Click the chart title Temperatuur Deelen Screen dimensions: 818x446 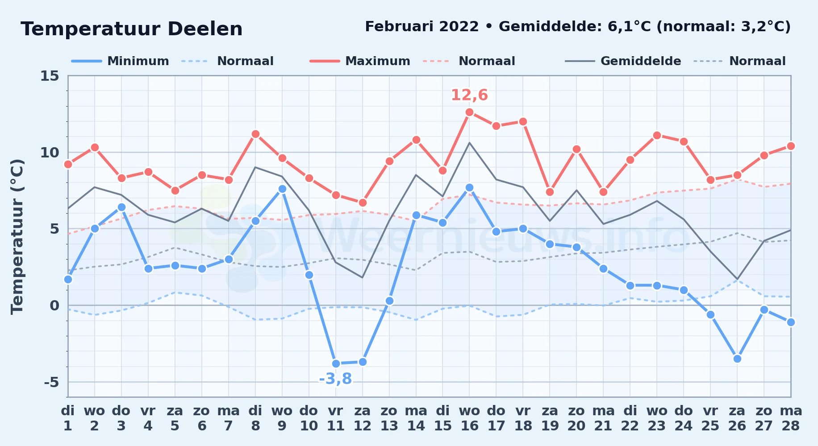point(132,29)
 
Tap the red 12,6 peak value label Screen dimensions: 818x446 point(469,95)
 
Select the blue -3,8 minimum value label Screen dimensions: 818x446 point(335,379)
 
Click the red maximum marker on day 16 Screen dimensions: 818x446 point(469,112)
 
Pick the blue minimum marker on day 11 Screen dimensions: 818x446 point(336,363)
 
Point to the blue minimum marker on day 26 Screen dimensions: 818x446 point(737,359)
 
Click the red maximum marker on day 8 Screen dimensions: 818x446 point(255,134)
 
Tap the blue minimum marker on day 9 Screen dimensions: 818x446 point(282,189)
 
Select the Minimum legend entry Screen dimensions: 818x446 point(120,61)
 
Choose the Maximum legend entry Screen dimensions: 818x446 point(360,61)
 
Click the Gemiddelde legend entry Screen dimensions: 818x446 point(623,61)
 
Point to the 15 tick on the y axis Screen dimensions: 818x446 point(50,76)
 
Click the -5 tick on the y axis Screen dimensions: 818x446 point(51,382)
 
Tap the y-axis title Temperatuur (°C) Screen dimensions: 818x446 point(17,236)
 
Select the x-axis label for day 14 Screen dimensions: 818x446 point(416,418)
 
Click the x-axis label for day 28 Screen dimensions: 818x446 point(791,418)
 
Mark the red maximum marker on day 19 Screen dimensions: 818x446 point(550,192)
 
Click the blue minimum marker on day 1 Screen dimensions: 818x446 point(68,279)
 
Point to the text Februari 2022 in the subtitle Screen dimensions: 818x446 point(422,27)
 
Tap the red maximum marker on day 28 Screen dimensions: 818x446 point(791,146)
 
